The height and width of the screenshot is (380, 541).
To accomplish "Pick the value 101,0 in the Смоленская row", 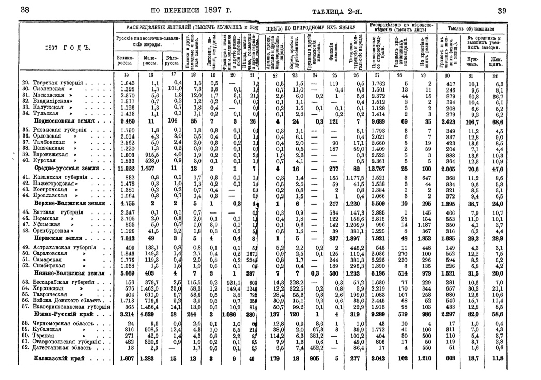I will point(170,89).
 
